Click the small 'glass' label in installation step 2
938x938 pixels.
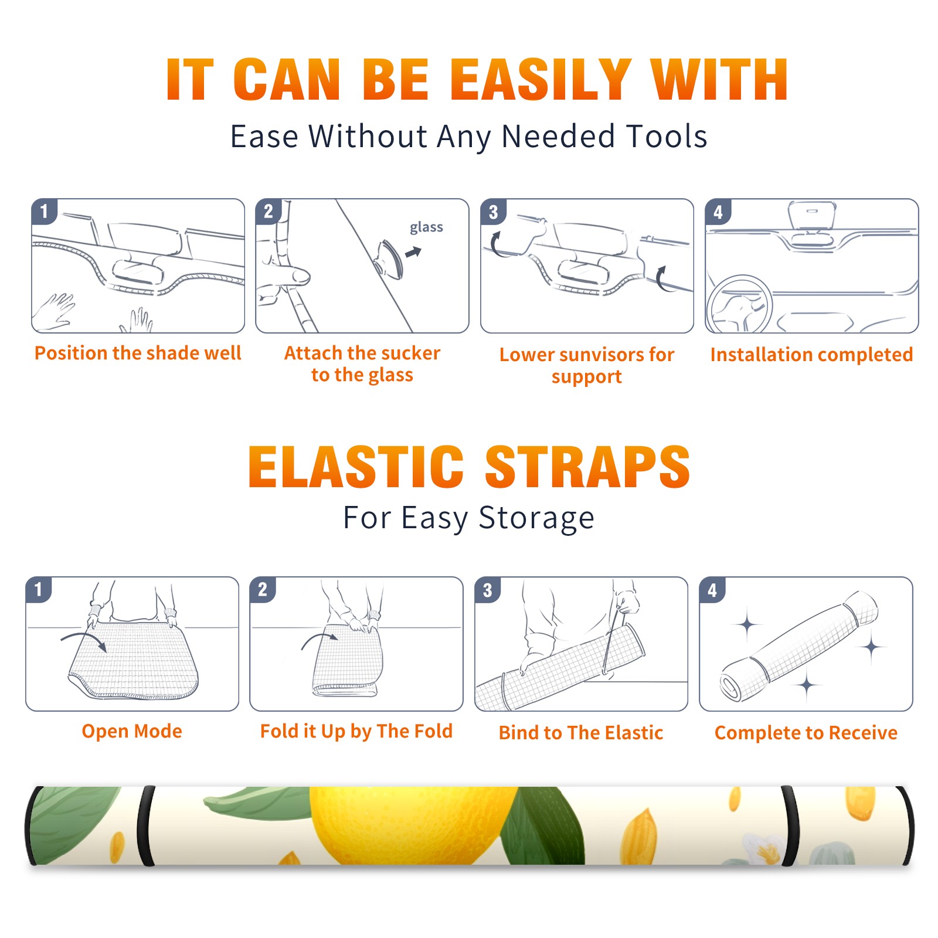coord(426,227)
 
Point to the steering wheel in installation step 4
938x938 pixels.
coord(739,304)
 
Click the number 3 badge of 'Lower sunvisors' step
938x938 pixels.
coord(493,212)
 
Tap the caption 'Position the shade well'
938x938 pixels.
coord(138,353)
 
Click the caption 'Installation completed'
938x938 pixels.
coord(811,355)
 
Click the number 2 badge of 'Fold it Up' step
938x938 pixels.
coord(263,589)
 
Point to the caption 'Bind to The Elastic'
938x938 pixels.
coord(581,733)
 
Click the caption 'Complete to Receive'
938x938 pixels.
coord(806,733)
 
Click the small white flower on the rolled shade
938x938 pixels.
coord(762,848)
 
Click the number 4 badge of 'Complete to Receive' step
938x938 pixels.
coord(712,589)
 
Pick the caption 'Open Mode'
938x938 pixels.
coord(132,731)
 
